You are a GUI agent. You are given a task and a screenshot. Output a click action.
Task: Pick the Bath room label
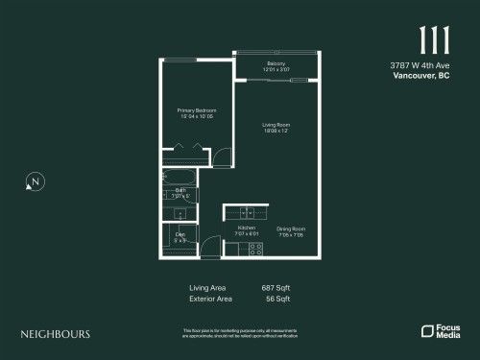point(180,192)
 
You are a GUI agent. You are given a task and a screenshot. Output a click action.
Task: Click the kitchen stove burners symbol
point(255,248)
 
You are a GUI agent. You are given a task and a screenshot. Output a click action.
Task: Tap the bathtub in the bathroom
point(179,177)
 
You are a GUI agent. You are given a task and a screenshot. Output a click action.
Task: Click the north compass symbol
point(35,181)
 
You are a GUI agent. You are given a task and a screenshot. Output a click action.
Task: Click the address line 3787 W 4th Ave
point(420,65)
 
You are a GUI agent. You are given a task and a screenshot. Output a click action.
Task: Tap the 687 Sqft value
point(276,287)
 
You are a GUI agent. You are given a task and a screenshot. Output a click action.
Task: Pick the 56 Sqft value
point(277,299)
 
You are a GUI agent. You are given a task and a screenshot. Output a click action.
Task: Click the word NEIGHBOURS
point(56,334)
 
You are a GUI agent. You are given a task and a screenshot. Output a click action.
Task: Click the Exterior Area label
point(211,299)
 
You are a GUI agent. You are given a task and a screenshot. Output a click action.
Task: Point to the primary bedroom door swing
point(221,156)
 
